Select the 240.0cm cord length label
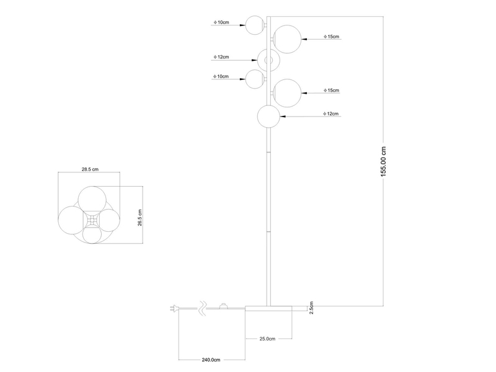point(211,360)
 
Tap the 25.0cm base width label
point(267,339)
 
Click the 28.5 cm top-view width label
point(91,168)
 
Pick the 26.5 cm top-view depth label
point(140,217)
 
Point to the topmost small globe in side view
point(254,25)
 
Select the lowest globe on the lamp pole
point(268,116)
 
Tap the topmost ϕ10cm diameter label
point(221,22)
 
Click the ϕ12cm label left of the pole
point(221,57)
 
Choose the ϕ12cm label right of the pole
point(331,114)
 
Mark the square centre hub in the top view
point(92,220)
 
